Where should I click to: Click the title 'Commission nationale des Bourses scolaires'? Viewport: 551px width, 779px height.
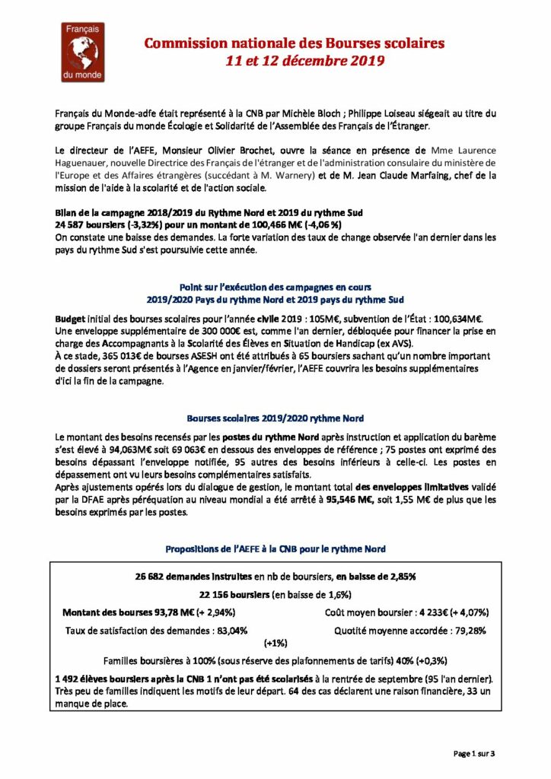click(x=295, y=44)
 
